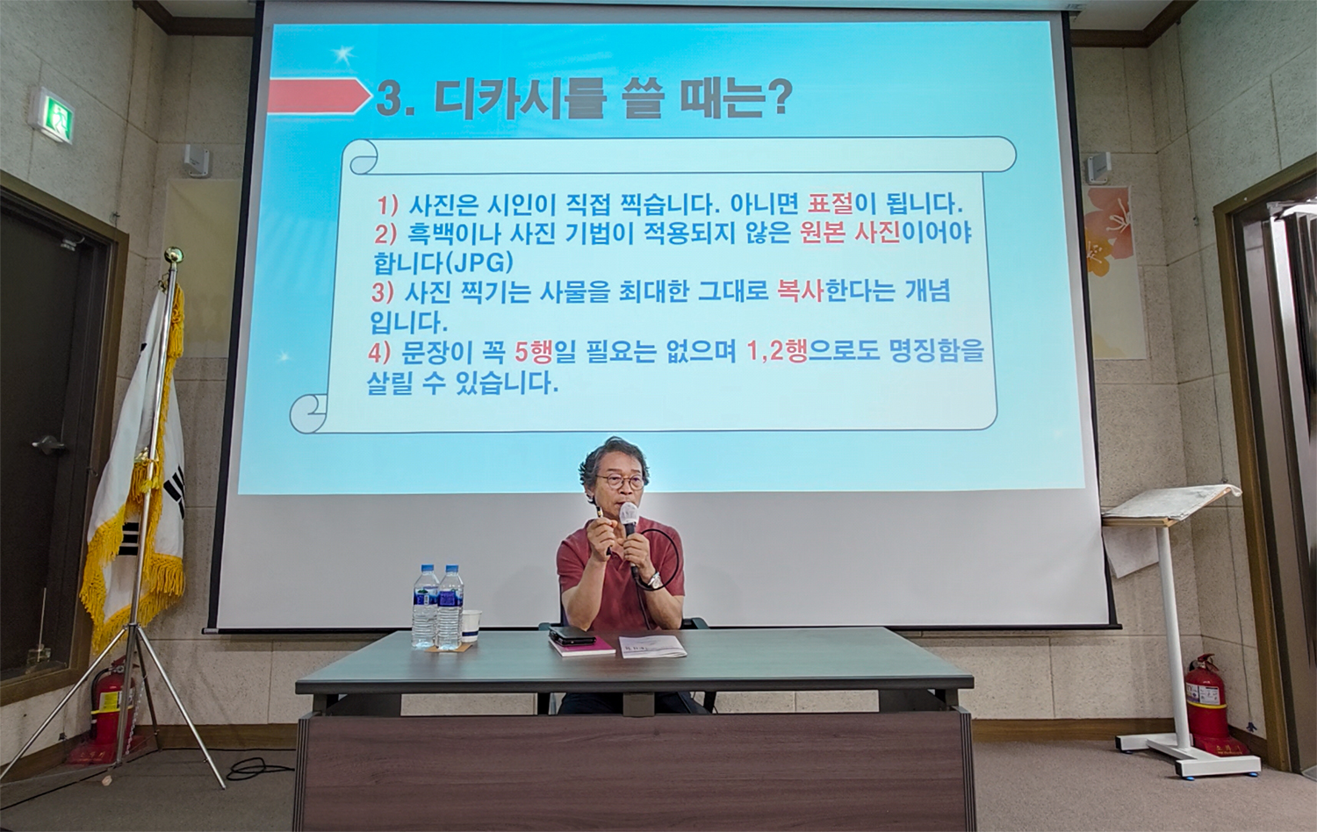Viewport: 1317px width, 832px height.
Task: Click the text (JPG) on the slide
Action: tap(477, 262)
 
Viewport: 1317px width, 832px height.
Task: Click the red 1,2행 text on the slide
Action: tap(775, 353)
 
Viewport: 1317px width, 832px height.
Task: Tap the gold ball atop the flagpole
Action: tap(173, 255)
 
